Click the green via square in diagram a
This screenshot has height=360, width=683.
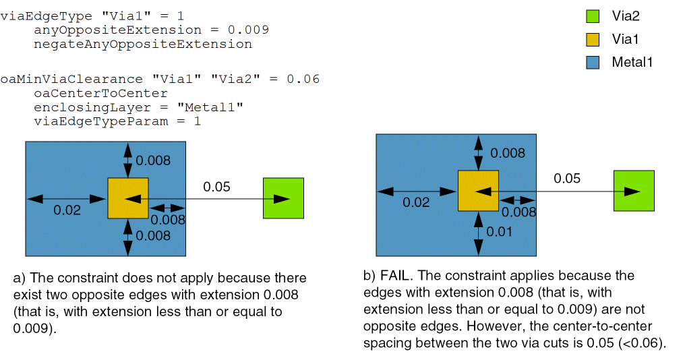pyautogui.click(x=283, y=198)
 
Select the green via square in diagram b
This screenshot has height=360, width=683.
pyautogui.click(x=634, y=191)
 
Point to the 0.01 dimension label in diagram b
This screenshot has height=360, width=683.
pyautogui.click(x=500, y=232)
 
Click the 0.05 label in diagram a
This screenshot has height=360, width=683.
pyautogui.click(x=217, y=186)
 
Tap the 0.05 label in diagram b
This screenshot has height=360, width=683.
pyautogui.click(x=567, y=178)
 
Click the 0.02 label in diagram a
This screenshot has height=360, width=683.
pyautogui.click(x=67, y=210)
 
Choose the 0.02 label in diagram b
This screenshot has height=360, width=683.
pyautogui.click(x=417, y=202)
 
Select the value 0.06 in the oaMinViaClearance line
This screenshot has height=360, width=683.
pyautogui.click(x=303, y=80)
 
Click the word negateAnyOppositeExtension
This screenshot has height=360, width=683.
pyautogui.click(x=142, y=44)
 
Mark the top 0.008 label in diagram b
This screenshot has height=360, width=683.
pyautogui.click(x=508, y=153)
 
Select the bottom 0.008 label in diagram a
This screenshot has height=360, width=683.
pyautogui.click(x=154, y=235)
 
